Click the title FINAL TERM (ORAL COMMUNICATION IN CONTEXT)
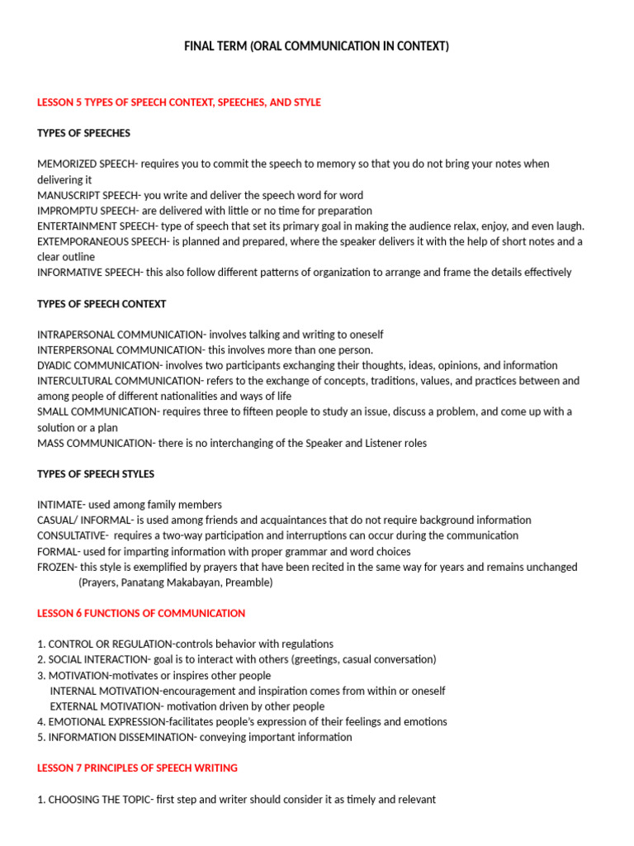(x=316, y=46)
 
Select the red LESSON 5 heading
(x=178, y=102)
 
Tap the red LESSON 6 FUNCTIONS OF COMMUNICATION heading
(x=141, y=613)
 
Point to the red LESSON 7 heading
(x=137, y=768)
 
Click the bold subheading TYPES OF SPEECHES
(x=83, y=133)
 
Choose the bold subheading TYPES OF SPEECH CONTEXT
(x=102, y=304)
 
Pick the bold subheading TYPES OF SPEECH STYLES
(x=96, y=474)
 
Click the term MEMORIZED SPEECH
(x=86, y=164)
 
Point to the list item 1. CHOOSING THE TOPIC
(x=94, y=799)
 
